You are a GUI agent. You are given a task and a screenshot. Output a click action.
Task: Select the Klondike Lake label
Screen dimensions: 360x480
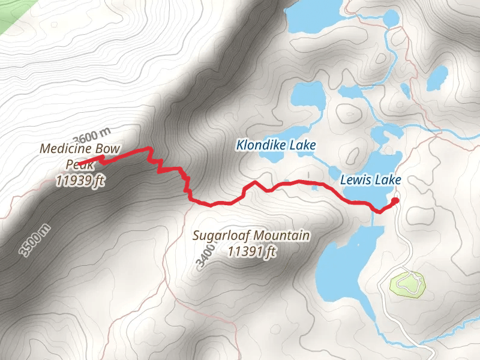click(275, 145)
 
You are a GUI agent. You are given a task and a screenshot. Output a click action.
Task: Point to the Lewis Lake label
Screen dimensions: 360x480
click(370, 179)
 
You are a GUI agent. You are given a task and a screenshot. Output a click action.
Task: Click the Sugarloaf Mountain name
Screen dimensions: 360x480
click(251, 235)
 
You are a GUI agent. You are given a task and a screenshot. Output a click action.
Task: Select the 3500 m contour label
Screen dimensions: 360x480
click(34, 240)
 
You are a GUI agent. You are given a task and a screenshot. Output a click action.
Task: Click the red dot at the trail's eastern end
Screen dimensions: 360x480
click(395, 201)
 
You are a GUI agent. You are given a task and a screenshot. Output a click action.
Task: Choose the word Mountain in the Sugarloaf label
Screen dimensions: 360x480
click(282, 235)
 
